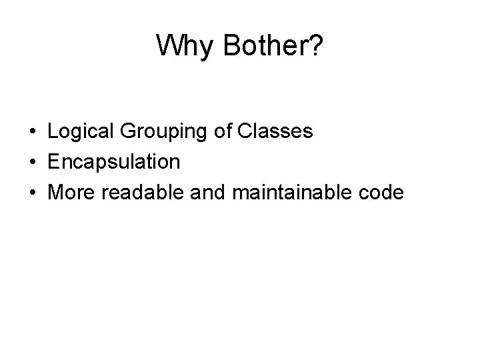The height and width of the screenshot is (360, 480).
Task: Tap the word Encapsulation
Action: click(x=114, y=162)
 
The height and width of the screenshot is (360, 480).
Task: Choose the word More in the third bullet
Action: click(x=71, y=193)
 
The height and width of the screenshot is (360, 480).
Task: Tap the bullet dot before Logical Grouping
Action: click(x=32, y=132)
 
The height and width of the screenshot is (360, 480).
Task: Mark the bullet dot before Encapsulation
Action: click(x=32, y=162)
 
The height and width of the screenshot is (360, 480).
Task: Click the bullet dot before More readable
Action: click(x=32, y=193)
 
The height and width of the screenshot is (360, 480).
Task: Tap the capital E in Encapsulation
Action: click(x=54, y=162)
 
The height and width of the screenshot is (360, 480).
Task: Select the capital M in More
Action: click(x=56, y=193)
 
